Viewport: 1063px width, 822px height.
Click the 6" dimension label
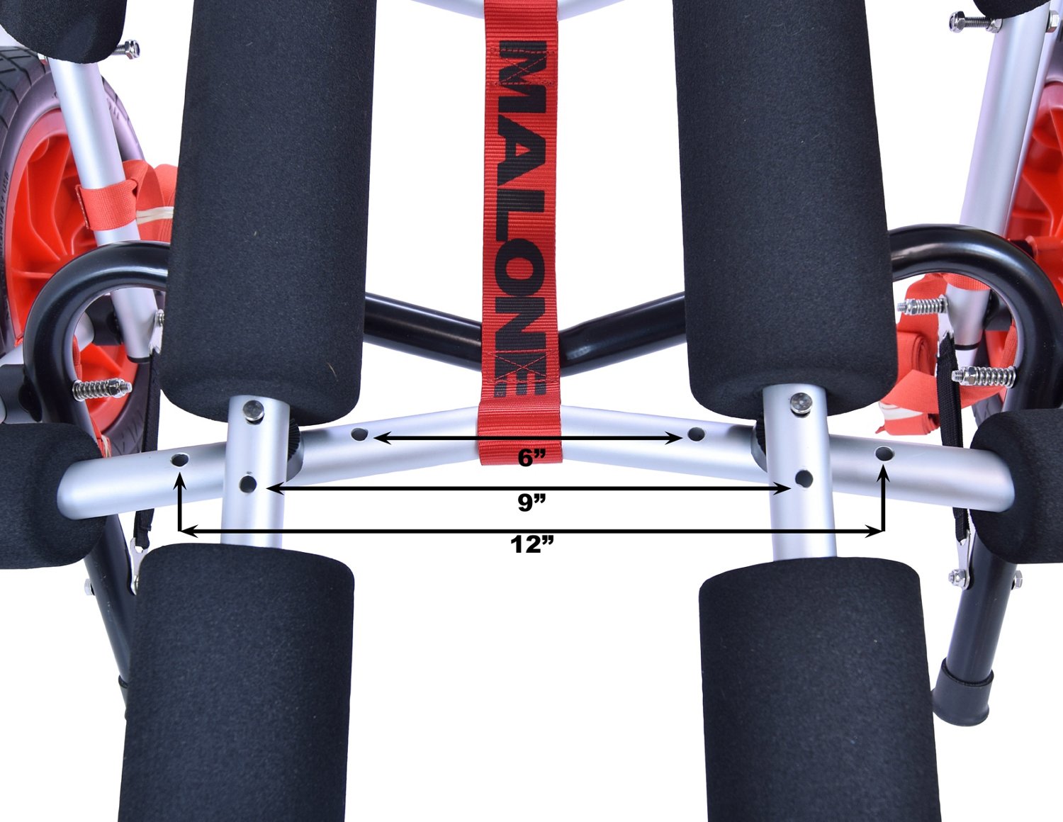coord(531,458)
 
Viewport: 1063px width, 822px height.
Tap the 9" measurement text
coord(531,502)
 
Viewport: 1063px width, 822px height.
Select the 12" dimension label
coord(531,544)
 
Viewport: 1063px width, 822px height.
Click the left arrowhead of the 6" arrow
coord(382,438)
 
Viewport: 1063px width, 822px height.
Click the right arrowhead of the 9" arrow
coord(783,488)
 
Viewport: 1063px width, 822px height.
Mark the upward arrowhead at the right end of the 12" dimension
coord(884,474)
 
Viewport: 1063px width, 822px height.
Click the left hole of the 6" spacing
coord(359,433)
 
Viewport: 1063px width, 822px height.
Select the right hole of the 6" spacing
coord(696,433)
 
